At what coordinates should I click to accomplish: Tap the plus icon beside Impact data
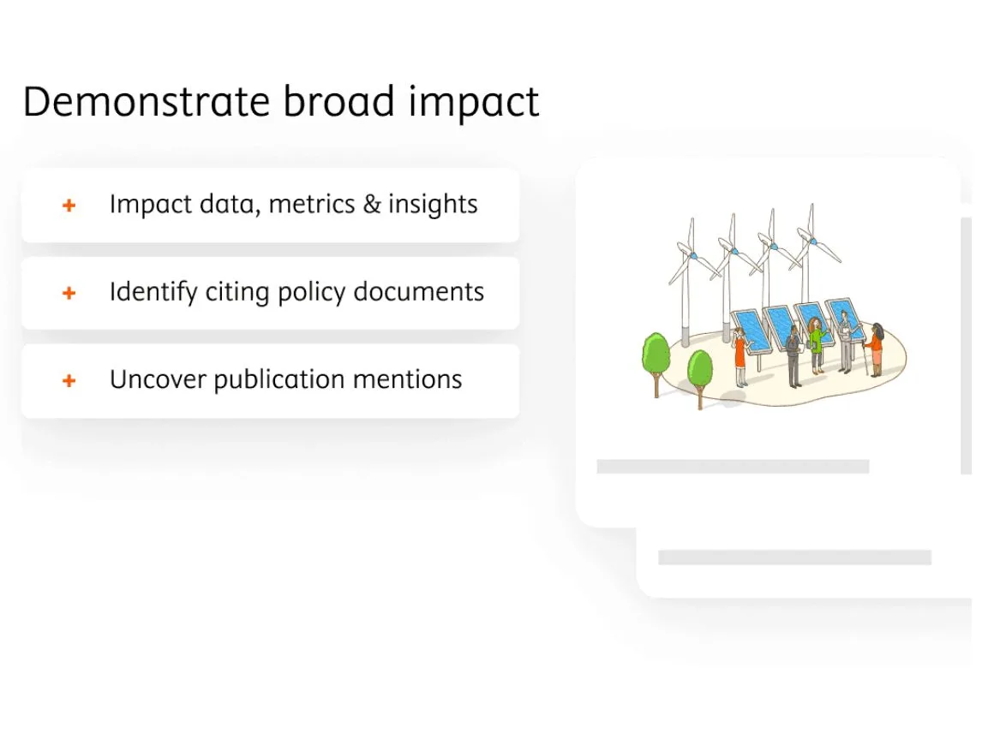[x=69, y=206]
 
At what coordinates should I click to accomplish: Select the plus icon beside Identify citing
[x=69, y=293]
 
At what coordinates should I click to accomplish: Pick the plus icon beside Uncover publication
[x=69, y=380]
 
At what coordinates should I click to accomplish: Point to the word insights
[x=433, y=206]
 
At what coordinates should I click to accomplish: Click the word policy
[x=304, y=293]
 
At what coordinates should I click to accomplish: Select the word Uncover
[x=158, y=379]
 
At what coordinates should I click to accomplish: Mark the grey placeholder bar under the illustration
[x=733, y=467]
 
